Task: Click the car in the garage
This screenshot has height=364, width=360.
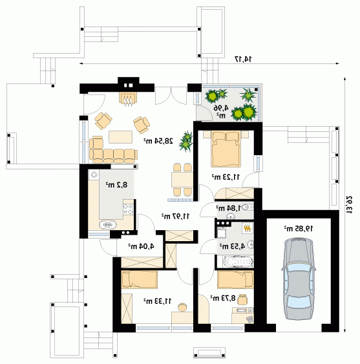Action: click(x=299, y=279)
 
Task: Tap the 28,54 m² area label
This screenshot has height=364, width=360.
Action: click(x=158, y=141)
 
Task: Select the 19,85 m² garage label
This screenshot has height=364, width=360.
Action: click(x=299, y=229)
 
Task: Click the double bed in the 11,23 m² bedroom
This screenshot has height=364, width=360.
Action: click(x=226, y=149)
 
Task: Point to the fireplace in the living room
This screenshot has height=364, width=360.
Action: click(x=127, y=99)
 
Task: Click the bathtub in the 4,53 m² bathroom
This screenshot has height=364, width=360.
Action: click(x=238, y=262)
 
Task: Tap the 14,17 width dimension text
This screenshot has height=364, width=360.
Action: click(x=244, y=59)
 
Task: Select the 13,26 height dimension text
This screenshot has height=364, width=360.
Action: click(x=349, y=205)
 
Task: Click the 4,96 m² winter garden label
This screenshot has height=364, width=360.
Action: click(x=221, y=111)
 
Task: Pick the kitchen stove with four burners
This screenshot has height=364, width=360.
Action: click(x=128, y=209)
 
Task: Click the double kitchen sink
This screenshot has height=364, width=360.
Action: click(x=107, y=225)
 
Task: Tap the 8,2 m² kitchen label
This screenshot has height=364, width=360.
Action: click(x=117, y=185)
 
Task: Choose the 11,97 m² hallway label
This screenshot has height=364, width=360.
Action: click(x=175, y=216)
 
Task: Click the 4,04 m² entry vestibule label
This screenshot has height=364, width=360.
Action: click(x=142, y=246)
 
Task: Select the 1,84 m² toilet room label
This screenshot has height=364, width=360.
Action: click(x=229, y=208)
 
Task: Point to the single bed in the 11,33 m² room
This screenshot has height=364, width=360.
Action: click(x=139, y=279)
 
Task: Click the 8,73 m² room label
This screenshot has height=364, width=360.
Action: click(x=223, y=297)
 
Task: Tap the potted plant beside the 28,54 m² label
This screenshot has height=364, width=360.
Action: click(x=186, y=142)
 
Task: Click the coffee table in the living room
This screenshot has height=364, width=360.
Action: click(x=121, y=136)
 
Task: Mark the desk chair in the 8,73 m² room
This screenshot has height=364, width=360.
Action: click(x=242, y=299)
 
